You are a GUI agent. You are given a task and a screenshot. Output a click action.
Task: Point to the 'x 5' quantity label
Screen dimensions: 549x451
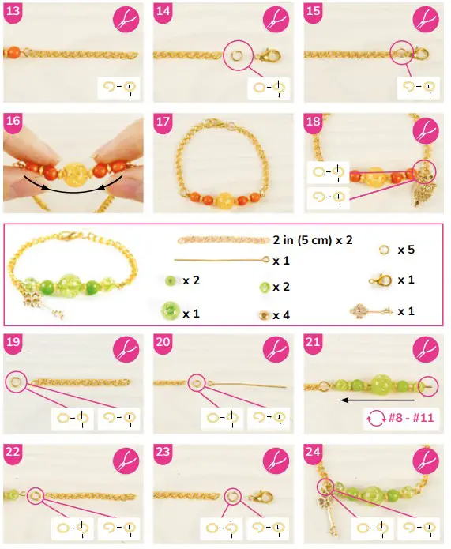click(406, 249)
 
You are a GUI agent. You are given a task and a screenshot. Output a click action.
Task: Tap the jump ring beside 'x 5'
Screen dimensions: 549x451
click(384, 249)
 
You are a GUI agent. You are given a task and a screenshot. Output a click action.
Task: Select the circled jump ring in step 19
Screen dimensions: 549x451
click(14, 382)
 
